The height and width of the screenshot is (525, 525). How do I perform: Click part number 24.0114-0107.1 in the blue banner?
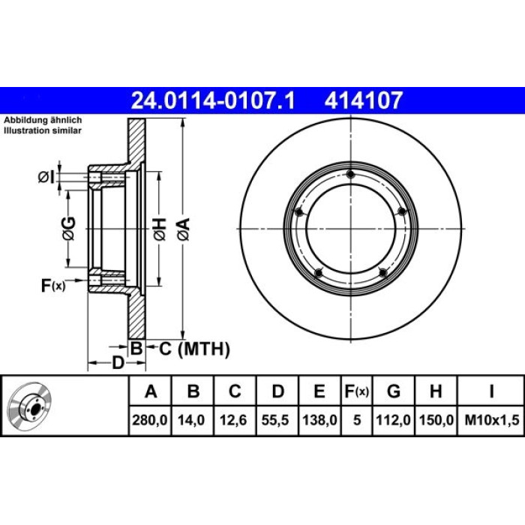coord(213,100)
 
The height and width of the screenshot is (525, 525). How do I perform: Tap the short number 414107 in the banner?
coord(363,100)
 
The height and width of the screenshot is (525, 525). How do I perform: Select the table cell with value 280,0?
coord(150,420)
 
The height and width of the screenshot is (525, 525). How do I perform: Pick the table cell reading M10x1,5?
coord(491,420)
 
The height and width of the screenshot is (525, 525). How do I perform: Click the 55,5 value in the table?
coord(277,420)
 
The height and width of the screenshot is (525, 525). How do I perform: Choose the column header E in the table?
coord(319,391)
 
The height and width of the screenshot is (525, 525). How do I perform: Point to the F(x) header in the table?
coord(356,391)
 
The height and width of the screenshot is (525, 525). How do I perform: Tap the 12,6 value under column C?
coord(235,420)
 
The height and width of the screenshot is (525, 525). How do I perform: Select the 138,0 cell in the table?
coord(319,420)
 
